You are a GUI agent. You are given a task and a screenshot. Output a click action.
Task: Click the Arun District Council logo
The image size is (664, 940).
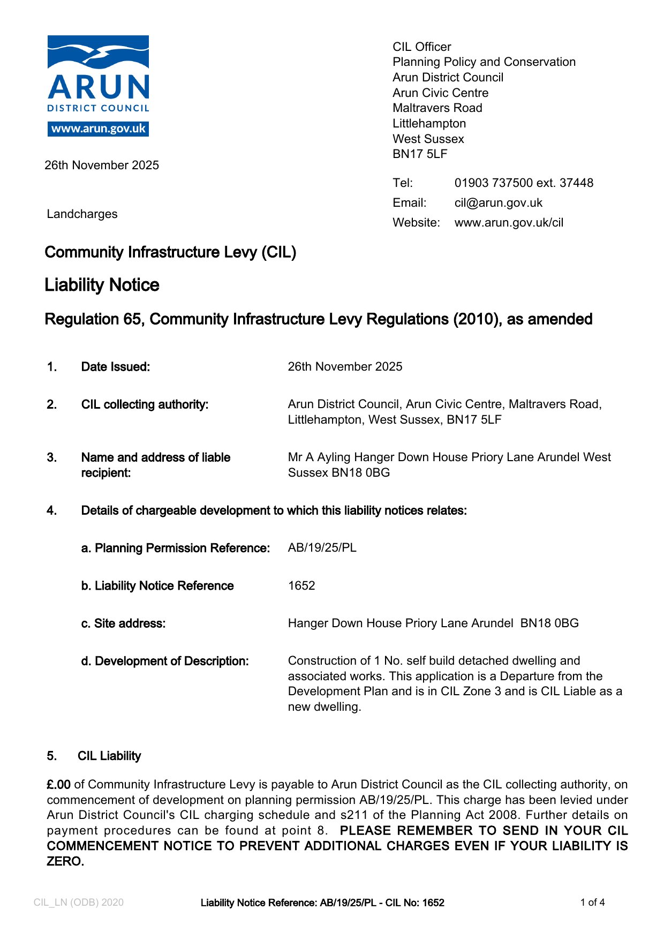click(98, 75)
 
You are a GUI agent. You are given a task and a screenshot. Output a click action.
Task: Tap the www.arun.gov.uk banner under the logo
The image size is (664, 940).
click(98, 129)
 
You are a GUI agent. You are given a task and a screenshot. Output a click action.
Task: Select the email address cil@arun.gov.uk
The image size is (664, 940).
click(498, 203)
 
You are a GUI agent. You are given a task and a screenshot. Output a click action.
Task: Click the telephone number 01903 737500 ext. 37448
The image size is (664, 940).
click(523, 183)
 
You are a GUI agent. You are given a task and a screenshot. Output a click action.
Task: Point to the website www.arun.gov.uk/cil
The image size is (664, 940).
click(509, 223)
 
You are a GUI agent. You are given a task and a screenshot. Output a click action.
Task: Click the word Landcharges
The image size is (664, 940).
click(82, 214)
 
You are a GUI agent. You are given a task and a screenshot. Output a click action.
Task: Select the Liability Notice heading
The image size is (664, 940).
click(102, 285)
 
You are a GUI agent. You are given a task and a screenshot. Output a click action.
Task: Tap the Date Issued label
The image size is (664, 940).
click(115, 367)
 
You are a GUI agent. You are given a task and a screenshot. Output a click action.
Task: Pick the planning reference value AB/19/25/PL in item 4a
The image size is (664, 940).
click(322, 548)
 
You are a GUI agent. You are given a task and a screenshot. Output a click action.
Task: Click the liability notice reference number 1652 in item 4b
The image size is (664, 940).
click(301, 585)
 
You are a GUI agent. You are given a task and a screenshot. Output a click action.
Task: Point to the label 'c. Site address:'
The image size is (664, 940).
click(123, 623)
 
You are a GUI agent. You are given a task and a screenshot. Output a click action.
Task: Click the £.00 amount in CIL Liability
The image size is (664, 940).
click(58, 785)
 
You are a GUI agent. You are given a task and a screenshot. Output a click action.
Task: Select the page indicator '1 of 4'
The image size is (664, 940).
click(592, 903)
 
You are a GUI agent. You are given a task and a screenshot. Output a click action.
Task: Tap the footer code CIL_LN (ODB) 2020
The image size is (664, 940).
click(78, 903)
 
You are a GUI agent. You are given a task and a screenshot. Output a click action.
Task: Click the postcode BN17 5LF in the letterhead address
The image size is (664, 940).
click(419, 154)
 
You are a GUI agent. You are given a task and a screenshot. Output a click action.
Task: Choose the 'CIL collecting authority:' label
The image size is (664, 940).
click(145, 404)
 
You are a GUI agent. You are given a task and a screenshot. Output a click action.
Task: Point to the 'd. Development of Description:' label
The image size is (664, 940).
click(164, 661)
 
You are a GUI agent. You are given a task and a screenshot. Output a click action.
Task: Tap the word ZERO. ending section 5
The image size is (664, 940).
click(65, 862)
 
